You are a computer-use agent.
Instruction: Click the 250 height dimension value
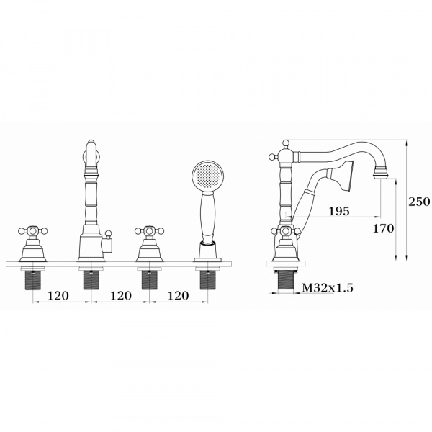(419, 202)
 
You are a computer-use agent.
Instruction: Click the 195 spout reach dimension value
(339, 211)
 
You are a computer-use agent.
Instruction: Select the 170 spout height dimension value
(383, 228)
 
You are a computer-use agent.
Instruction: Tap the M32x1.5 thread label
(328, 288)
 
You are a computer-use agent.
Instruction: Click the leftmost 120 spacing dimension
(58, 296)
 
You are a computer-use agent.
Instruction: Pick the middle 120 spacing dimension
(121, 296)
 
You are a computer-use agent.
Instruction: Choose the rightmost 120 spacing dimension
(179, 296)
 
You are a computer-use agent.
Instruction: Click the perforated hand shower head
(208, 176)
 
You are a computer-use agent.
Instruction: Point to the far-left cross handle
(33, 231)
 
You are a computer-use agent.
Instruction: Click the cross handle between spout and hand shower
(150, 231)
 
